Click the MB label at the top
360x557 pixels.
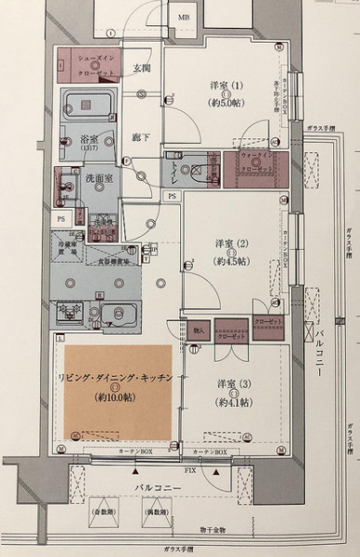tap(186, 18)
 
